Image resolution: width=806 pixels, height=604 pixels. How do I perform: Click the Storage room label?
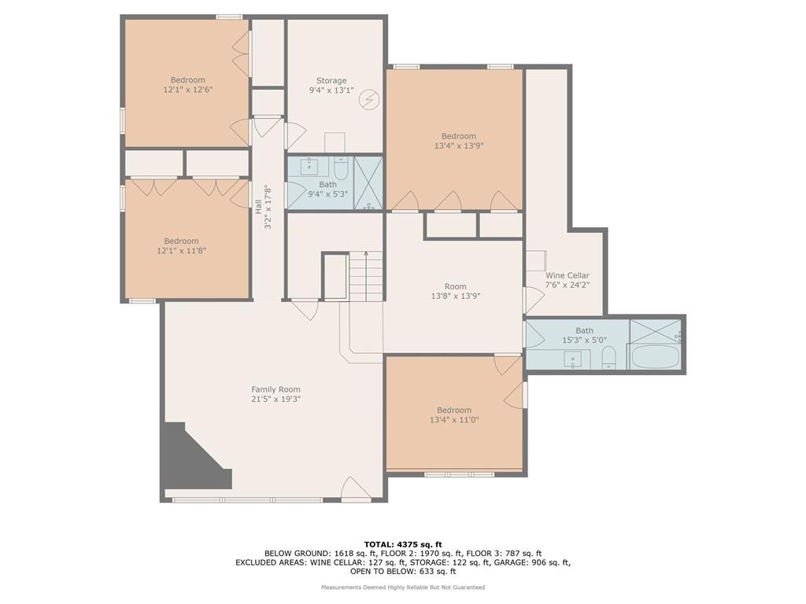(x=331, y=81)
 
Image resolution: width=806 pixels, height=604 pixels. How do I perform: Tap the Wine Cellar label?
(x=567, y=275)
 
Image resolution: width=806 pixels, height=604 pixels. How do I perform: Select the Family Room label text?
(x=275, y=389)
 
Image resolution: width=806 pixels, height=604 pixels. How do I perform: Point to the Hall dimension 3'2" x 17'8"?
(x=268, y=207)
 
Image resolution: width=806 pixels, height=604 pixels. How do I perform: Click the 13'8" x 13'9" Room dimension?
(x=456, y=296)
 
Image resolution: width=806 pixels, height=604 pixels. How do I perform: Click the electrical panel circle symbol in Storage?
(x=369, y=100)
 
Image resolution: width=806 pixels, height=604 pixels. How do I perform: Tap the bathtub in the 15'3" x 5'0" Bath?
(x=656, y=356)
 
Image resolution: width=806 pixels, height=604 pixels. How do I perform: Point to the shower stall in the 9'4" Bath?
(x=368, y=182)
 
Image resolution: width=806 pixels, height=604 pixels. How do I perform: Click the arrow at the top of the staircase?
(x=366, y=255)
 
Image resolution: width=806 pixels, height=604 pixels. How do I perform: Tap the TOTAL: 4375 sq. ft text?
(x=403, y=544)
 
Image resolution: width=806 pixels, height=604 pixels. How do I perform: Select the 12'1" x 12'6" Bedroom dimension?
(x=187, y=90)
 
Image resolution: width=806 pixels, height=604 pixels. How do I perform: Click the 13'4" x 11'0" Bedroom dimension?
(x=454, y=420)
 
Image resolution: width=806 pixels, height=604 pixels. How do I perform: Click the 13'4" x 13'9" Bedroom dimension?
(x=459, y=145)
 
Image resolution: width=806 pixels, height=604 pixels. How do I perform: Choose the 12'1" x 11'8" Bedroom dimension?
(x=182, y=251)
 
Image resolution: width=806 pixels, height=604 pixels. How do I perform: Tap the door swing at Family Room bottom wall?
(x=356, y=488)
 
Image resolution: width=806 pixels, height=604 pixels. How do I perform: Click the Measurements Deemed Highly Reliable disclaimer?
(x=403, y=587)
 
